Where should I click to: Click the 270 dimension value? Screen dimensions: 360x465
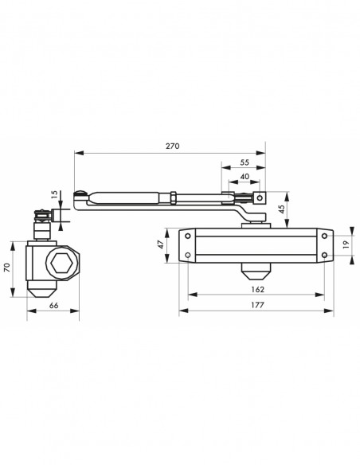[172, 146]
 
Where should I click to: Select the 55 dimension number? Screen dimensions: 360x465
[245, 162]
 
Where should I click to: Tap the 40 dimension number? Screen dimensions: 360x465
[245, 177]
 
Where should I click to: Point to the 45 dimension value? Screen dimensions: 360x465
[282, 209]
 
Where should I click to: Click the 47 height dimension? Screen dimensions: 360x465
[160, 244]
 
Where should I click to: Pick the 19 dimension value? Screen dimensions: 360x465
[346, 244]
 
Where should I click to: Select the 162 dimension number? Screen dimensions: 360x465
[257, 289]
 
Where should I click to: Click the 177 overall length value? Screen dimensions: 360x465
[257, 305]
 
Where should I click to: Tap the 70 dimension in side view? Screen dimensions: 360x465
[7, 268]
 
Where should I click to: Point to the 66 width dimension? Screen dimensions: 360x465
[53, 306]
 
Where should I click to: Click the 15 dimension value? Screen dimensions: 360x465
[54, 194]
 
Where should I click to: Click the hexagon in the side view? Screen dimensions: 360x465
[61, 264]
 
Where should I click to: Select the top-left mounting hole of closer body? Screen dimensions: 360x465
[188, 236]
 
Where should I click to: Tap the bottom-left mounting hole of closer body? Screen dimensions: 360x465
[188, 255]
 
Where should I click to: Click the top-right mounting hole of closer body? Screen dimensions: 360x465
[325, 236]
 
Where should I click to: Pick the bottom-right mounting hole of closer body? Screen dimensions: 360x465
[325, 255]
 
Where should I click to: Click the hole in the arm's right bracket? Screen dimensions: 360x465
[260, 197]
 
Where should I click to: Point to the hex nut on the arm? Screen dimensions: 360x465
[173, 198]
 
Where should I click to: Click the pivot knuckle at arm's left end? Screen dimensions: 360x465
[80, 196]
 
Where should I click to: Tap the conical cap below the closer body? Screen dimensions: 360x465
[256, 272]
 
